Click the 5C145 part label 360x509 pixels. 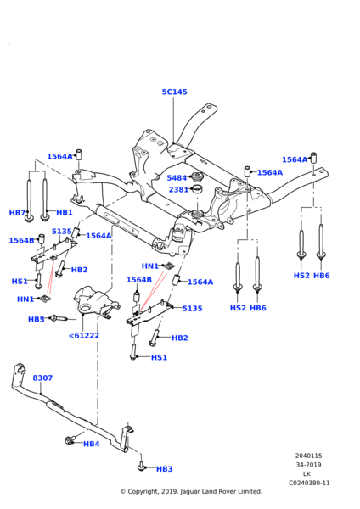[174, 92]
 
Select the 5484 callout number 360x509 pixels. [177, 178]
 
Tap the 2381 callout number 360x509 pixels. [177, 190]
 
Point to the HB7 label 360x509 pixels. [17, 213]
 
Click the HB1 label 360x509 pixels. [65, 213]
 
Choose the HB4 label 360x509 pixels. [92, 444]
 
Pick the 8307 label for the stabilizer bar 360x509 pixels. [42, 378]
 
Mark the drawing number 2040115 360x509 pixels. [308, 456]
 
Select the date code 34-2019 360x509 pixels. [308, 465]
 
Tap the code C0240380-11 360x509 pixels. [308, 483]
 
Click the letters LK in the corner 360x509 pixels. [308, 474]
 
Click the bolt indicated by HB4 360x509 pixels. [70, 440]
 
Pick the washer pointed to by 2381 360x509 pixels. [198, 189]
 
